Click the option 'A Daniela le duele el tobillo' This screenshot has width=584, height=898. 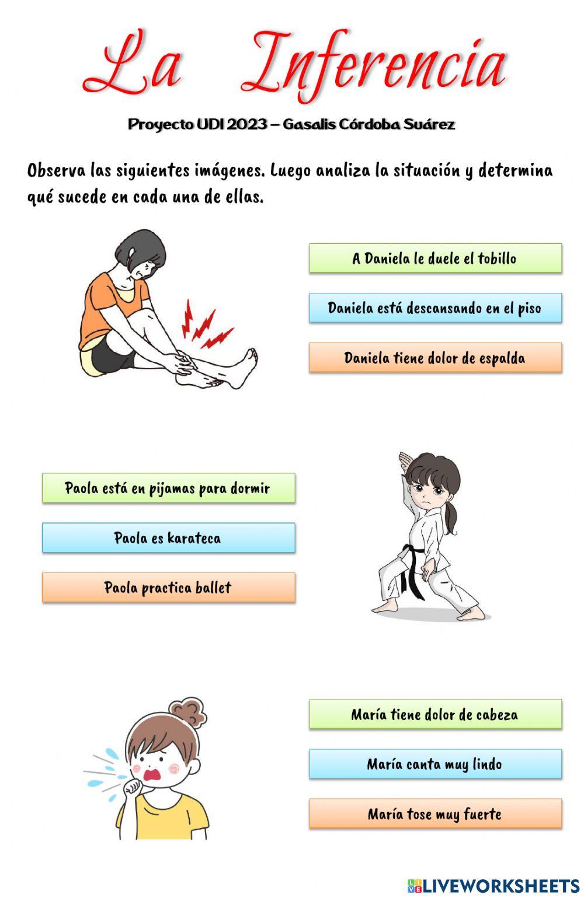(435, 258)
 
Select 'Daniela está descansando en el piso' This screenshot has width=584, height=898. (435, 308)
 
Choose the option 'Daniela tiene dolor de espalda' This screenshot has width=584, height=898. (435, 358)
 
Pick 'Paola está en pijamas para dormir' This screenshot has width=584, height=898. (168, 488)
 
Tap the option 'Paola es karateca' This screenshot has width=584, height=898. (168, 538)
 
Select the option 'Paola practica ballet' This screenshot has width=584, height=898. (168, 588)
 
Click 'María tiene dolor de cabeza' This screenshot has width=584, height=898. (435, 715)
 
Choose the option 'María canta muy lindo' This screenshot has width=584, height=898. (435, 764)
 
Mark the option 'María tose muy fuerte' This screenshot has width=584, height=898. (435, 814)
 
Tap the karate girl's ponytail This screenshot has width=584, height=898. (451, 519)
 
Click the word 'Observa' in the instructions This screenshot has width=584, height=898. (56, 171)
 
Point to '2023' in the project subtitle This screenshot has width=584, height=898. (247, 124)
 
